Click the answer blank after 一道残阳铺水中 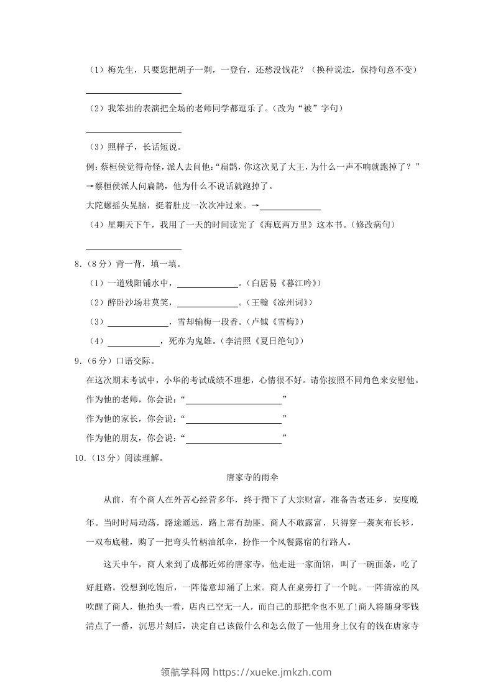tap(208, 284)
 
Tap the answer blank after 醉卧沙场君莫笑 tap(208, 303)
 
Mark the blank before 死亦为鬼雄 tap(134, 342)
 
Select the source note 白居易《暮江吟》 tap(284, 284)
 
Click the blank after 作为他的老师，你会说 tap(234, 399)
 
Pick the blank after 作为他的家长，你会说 tap(234, 419)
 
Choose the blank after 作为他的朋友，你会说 tap(234, 439)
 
